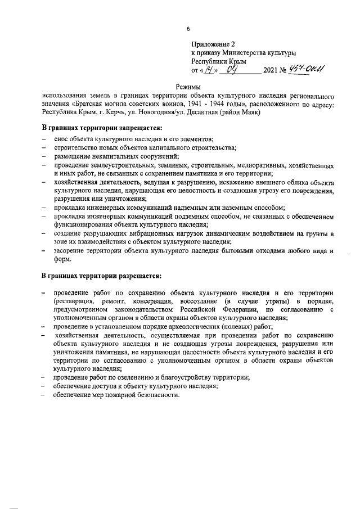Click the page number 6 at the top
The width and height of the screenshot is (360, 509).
(188, 29)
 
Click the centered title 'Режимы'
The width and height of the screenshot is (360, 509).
(188, 87)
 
